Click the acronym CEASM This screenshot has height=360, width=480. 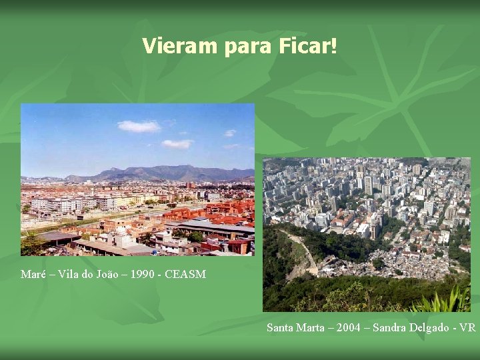[x=189, y=275]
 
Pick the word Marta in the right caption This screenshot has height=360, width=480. [x=310, y=327]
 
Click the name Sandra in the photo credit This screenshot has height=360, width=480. [x=389, y=327]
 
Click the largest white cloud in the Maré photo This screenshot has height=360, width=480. [x=139, y=126]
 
